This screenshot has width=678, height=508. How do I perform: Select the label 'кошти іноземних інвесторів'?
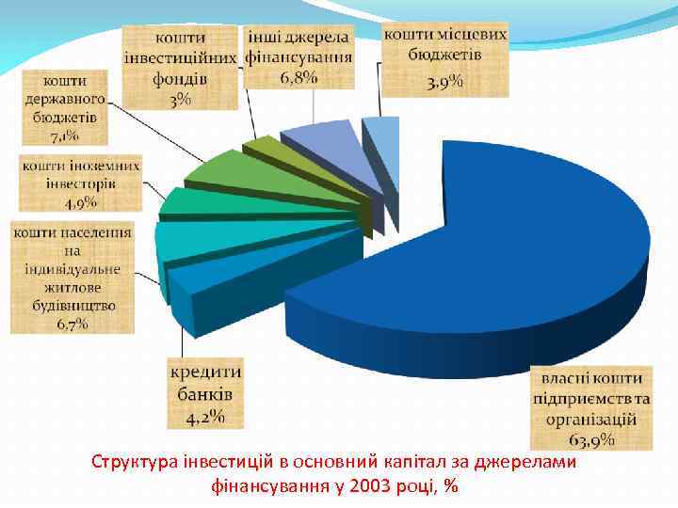tap(81, 183)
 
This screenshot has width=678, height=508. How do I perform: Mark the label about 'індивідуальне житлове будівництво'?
tap(73, 278)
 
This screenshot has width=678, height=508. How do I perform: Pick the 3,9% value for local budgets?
tap(444, 84)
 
